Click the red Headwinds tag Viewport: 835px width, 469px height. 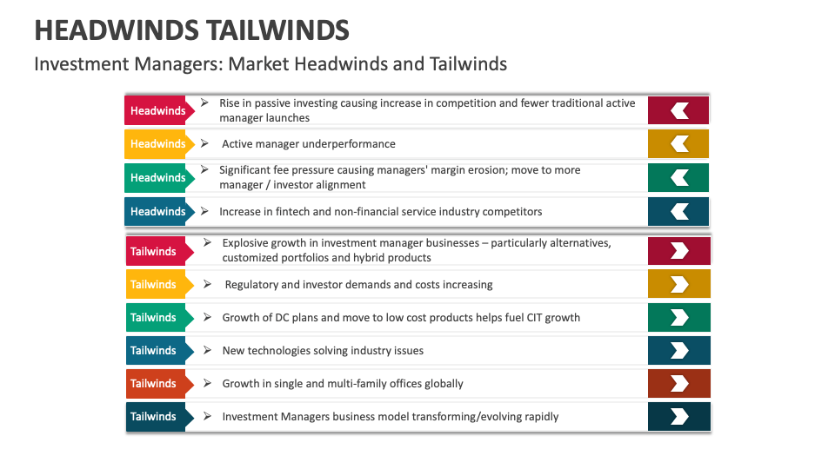pyautogui.click(x=157, y=110)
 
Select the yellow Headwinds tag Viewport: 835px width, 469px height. pyautogui.click(x=157, y=144)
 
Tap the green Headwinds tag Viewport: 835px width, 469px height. pyautogui.click(x=157, y=178)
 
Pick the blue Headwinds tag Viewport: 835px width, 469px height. pyautogui.click(x=157, y=212)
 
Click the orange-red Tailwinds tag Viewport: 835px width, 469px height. pyautogui.click(x=153, y=384)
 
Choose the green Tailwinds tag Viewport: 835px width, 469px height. pyautogui.click(x=153, y=318)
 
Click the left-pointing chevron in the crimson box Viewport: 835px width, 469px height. pyautogui.click(x=679, y=110)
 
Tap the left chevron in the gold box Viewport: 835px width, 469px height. pyautogui.click(x=679, y=144)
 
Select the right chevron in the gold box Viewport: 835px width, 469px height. pyautogui.click(x=679, y=284)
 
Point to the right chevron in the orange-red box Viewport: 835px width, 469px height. pyautogui.click(x=679, y=384)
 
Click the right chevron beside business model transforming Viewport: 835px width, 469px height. pyautogui.click(x=679, y=417)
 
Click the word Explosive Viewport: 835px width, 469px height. pyautogui.click(x=246, y=243)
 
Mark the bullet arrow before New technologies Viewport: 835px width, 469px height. pyautogui.click(x=207, y=350)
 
